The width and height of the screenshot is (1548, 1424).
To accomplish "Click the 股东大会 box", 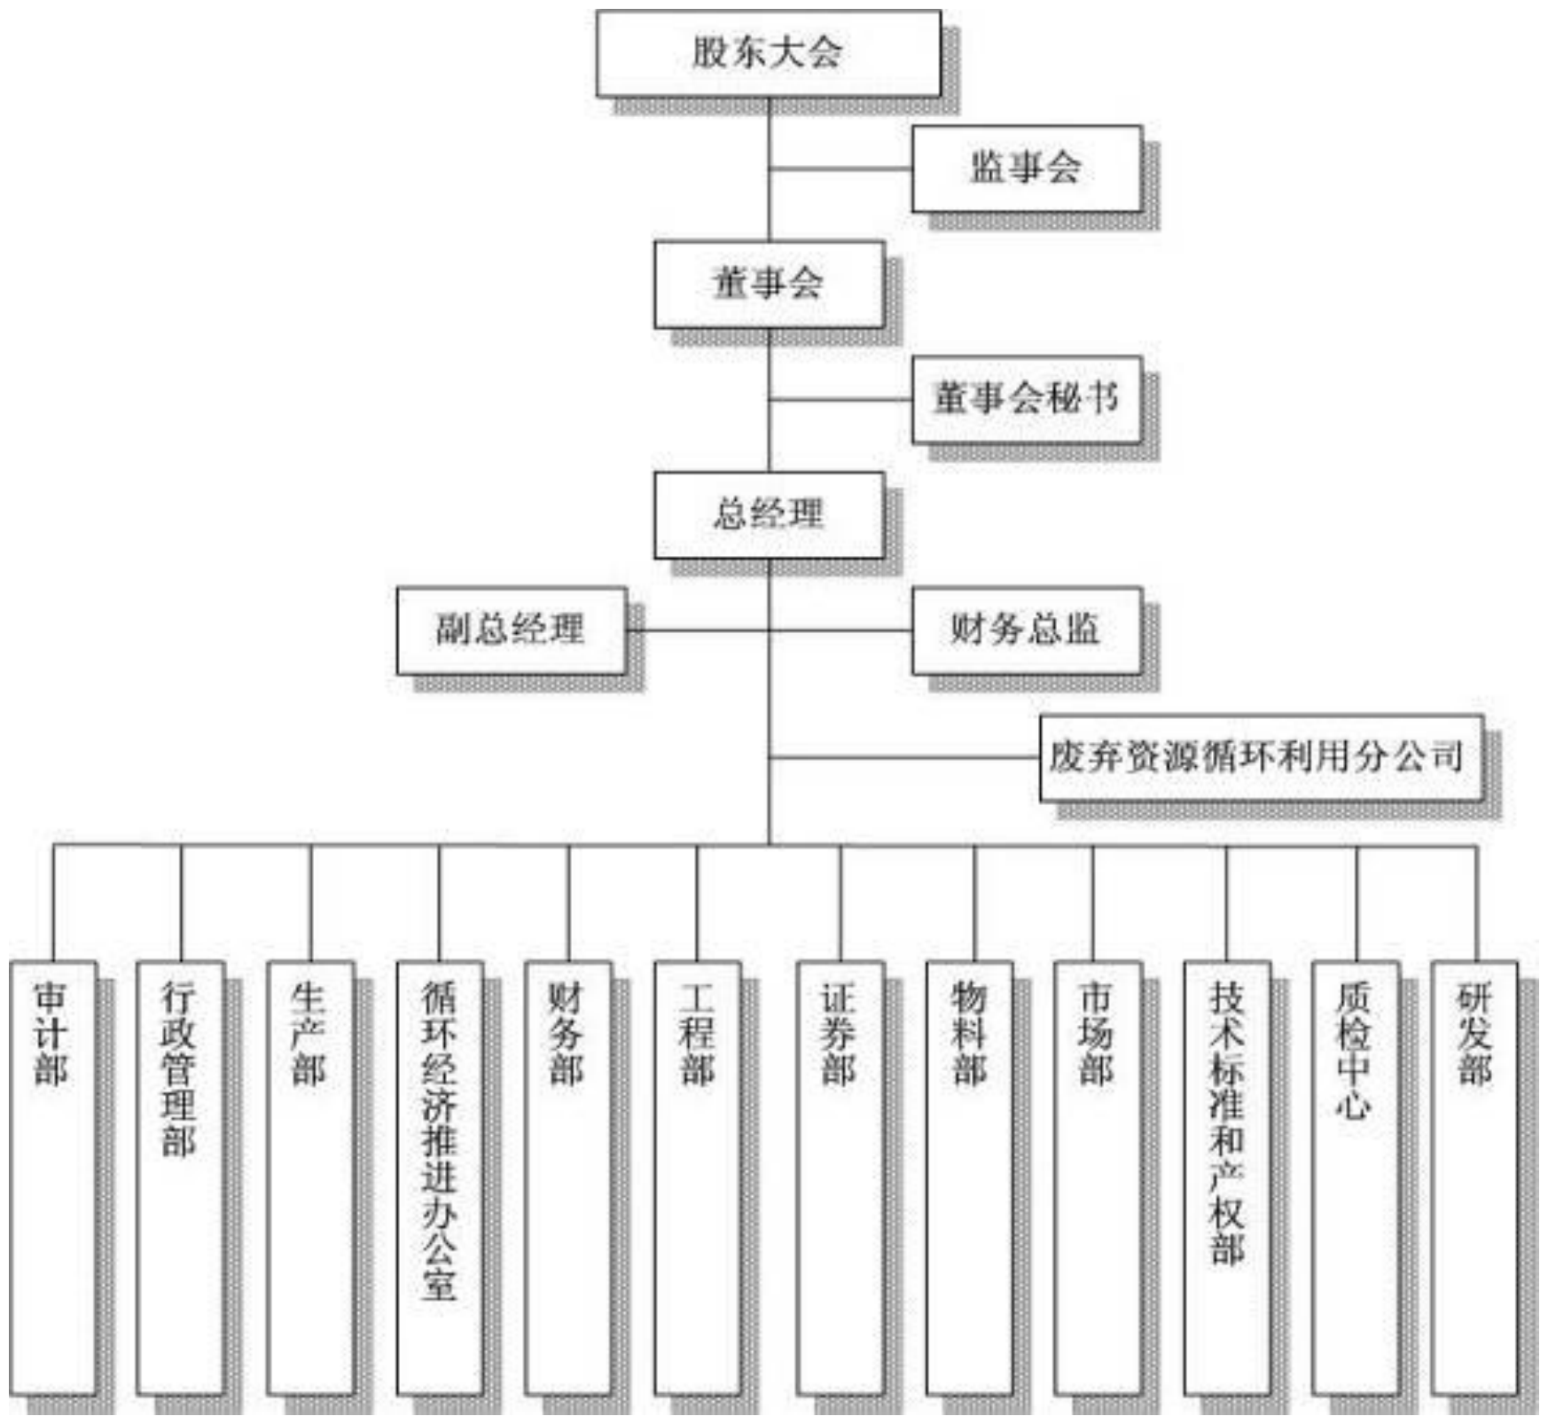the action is [768, 53].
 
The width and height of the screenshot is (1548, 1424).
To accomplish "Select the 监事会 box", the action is [1027, 168].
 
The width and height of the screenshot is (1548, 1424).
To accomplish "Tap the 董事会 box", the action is [769, 284].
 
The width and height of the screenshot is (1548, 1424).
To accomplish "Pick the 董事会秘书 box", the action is [1027, 399].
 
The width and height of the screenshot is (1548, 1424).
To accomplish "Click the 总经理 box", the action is [769, 515].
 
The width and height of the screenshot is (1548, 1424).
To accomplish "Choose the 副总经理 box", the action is [512, 630].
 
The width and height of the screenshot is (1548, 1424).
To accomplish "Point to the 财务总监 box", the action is [1027, 630].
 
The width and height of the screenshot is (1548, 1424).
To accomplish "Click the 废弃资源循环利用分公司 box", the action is [1261, 758].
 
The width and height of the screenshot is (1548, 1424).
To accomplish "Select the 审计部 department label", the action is [52, 1033].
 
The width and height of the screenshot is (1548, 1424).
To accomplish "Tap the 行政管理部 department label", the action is [180, 1068].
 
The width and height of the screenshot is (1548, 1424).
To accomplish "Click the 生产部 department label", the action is [309, 1033].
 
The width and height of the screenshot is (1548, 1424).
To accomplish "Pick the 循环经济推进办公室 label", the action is [439, 1140].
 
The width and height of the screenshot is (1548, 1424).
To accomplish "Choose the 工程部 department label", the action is [697, 1033].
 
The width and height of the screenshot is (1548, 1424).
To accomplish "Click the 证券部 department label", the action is [839, 1033].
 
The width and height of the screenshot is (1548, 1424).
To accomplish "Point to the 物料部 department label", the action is [969, 1033].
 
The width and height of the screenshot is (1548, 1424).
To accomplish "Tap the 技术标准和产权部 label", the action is [1227, 1123].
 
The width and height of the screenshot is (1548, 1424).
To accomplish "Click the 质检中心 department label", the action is [1355, 1051].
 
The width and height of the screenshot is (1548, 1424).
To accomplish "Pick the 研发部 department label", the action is [1475, 1033].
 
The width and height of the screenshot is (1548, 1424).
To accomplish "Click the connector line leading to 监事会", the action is [840, 168].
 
